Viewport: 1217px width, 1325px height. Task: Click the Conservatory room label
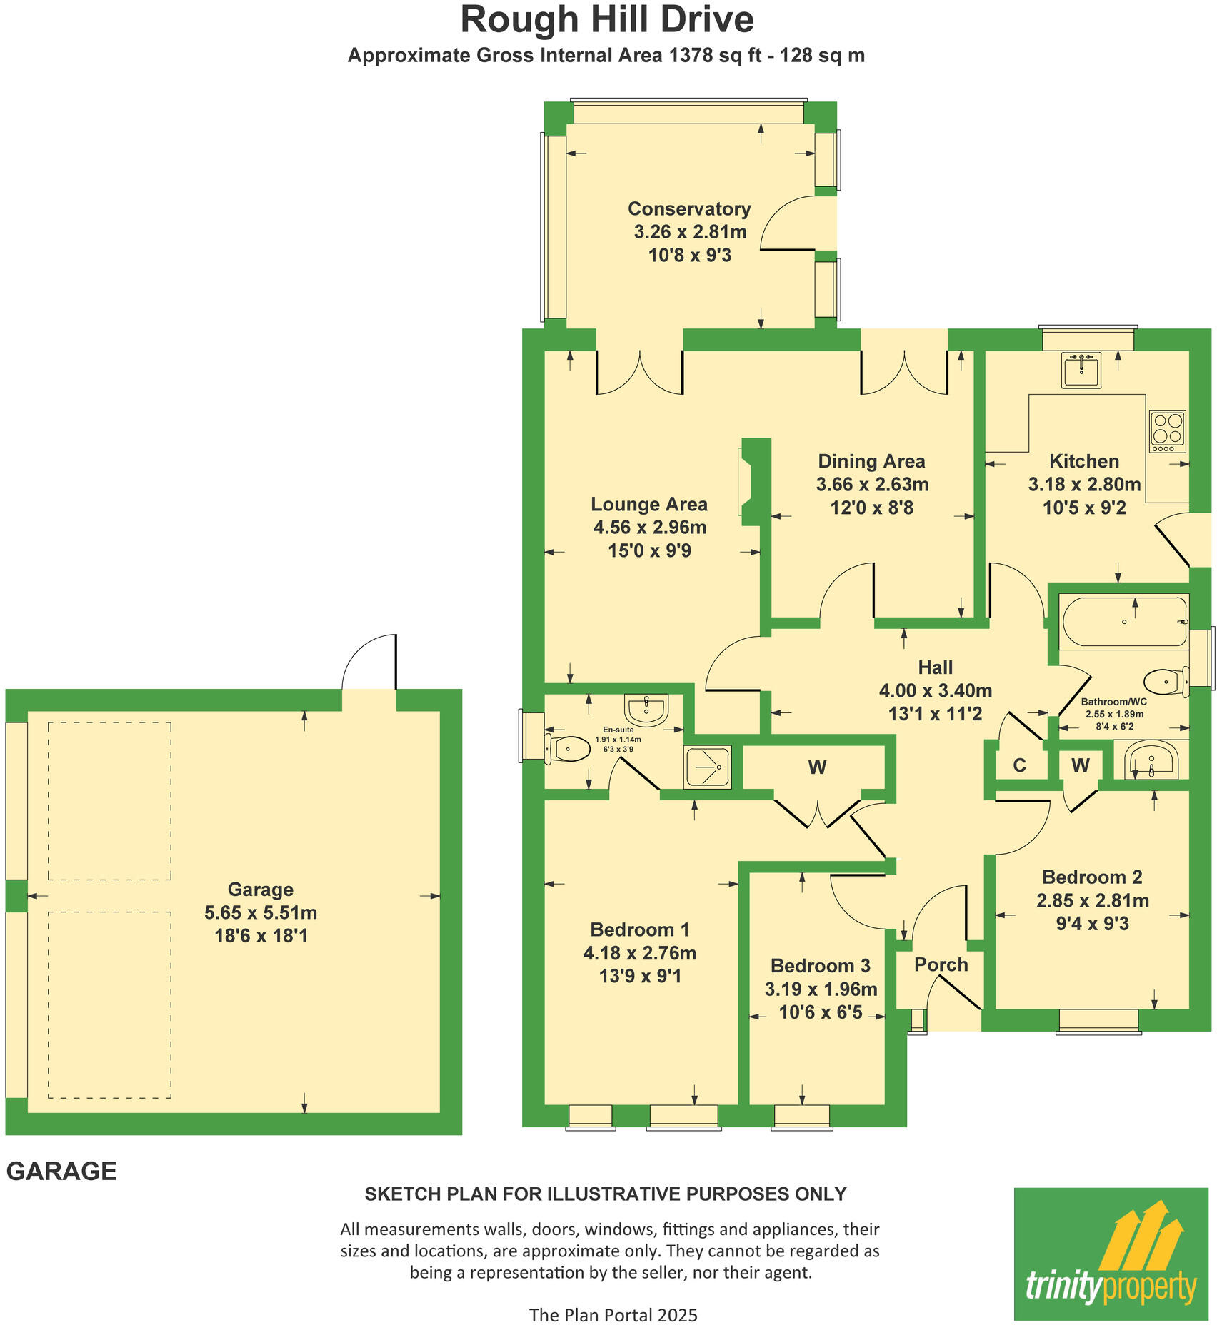coord(689,209)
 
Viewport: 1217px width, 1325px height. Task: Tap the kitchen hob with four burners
coord(1167,430)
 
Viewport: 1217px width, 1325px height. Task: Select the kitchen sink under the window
coord(1081,371)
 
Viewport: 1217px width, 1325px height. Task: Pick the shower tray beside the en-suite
coord(707,767)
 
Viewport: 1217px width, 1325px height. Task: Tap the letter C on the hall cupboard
coord(1019,765)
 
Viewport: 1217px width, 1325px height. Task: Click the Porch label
coord(941,964)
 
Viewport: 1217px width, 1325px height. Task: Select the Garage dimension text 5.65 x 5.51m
coord(261,912)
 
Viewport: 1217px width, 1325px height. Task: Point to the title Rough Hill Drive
coord(607,19)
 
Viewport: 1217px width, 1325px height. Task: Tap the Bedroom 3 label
coord(820,966)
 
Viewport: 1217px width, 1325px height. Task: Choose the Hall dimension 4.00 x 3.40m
coord(935,690)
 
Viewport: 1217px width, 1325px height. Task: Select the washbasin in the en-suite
coord(647,709)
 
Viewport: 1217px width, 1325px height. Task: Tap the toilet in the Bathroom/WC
coord(1164,682)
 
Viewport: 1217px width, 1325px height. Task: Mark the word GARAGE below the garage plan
coord(61,1172)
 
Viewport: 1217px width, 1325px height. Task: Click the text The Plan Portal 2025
coord(613,1314)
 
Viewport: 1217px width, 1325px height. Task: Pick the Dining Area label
coord(871,461)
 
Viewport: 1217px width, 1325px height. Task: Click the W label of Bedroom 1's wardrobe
coord(817,767)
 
